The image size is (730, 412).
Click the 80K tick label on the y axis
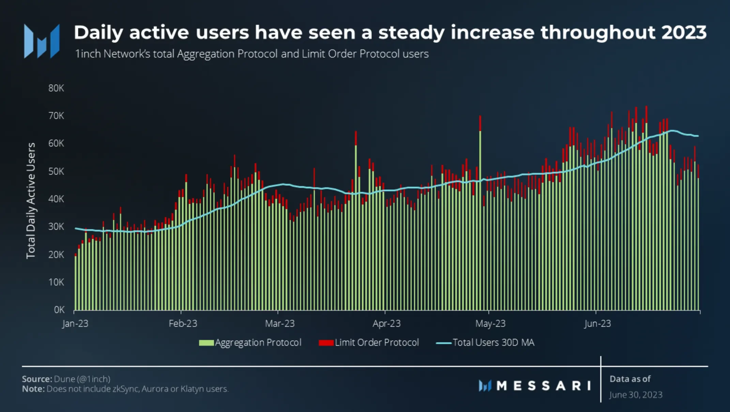point(56,88)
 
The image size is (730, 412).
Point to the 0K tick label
point(59,310)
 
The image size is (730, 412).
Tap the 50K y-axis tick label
point(56,171)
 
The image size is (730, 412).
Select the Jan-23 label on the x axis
point(75,323)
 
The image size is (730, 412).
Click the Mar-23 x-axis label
point(280,323)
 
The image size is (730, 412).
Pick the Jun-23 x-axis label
point(597,323)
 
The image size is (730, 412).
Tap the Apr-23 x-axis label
point(386,323)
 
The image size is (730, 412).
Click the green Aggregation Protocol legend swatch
point(206,343)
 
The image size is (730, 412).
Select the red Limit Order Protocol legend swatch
point(326,343)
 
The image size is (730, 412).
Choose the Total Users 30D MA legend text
point(493,342)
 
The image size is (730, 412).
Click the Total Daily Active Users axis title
point(31,201)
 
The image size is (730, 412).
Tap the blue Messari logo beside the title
point(42,41)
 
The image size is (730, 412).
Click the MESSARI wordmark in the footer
point(543,386)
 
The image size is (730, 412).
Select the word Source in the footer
point(36,379)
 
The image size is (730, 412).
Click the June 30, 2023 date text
point(636,395)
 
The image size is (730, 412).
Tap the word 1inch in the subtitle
point(88,54)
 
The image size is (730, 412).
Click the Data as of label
point(630,379)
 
